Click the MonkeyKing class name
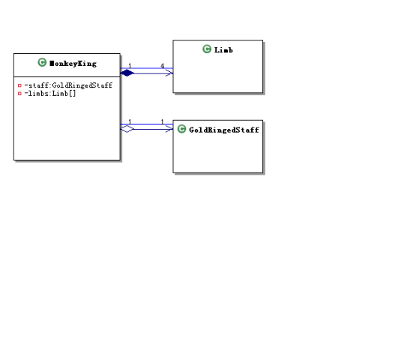coord(73,64)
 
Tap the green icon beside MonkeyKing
coord(42,62)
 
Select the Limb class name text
coord(223,49)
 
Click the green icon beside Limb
coord(207,49)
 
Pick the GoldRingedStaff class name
coord(224,130)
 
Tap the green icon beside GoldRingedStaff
coord(181,129)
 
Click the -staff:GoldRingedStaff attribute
coord(68,85)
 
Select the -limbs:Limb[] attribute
coord(50,93)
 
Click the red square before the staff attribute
coord(19,85)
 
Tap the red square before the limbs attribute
coord(19,93)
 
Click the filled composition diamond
coord(127,73)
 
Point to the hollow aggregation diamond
coord(127,129)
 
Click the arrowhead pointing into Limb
coord(169,73)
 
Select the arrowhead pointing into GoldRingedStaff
coord(169,129)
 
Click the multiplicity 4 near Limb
coord(163,66)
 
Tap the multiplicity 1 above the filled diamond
coord(130,66)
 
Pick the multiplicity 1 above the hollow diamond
coord(130,121)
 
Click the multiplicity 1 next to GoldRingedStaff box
coord(163,121)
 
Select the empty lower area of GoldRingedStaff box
coord(218,154)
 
